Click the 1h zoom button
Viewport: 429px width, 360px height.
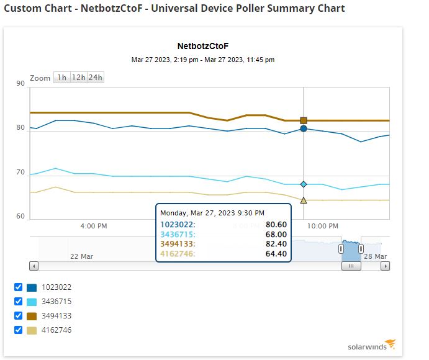61,78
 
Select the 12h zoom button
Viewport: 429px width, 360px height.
78,78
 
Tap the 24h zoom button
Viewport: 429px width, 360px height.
95,78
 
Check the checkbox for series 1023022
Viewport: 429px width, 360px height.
19,287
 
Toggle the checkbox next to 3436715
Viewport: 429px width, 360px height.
19,302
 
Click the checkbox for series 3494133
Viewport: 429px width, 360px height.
19,316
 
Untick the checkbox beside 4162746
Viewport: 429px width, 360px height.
19,330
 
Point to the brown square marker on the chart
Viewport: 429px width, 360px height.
304,120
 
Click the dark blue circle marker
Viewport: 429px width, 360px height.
304,129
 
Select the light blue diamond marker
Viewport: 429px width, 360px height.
304,184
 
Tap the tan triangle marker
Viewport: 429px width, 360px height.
304,200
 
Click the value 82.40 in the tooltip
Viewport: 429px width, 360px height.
276,244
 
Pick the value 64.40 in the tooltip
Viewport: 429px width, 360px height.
276,253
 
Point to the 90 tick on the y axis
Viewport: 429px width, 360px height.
20,83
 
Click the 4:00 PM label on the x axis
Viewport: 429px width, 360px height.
94,226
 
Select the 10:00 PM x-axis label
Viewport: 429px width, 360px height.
323,226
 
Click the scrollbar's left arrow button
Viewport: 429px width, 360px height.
34,266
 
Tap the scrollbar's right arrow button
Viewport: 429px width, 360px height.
386,266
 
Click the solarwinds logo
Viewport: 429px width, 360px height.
371,346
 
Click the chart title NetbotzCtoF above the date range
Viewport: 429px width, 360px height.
202,47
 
